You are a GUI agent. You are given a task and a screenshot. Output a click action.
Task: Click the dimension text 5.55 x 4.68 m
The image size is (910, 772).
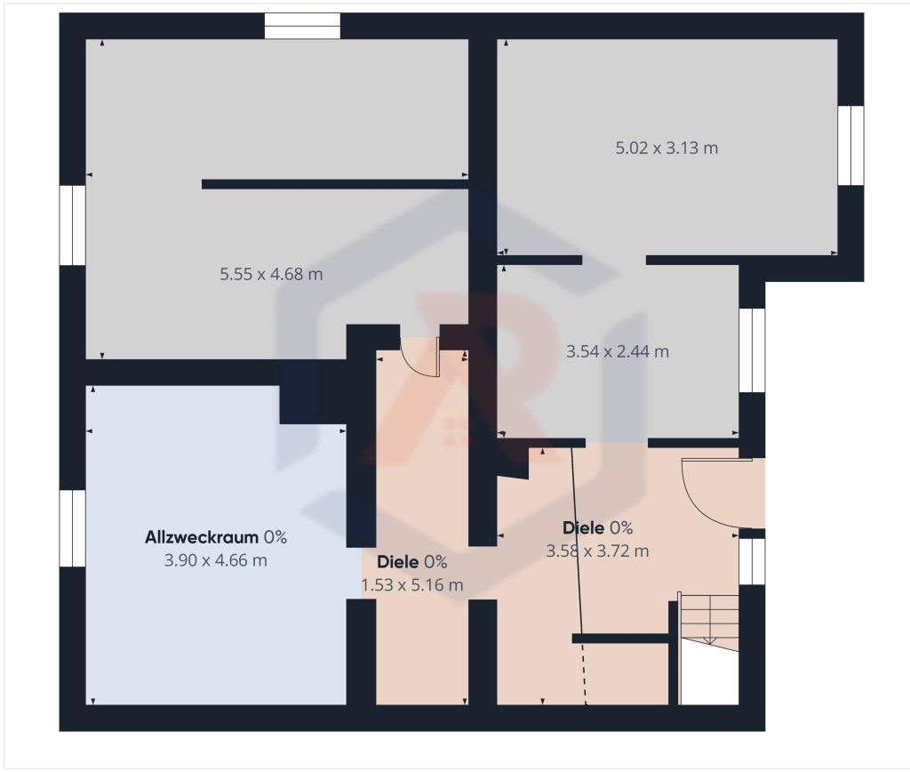tap(271, 274)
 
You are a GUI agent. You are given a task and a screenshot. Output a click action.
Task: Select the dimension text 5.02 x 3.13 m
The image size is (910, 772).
tap(667, 149)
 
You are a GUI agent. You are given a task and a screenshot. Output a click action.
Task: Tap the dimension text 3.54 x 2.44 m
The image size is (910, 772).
tap(618, 351)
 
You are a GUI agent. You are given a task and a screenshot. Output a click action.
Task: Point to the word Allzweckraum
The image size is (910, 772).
tap(202, 537)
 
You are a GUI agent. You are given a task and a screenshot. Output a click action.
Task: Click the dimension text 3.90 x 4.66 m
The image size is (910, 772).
tap(216, 560)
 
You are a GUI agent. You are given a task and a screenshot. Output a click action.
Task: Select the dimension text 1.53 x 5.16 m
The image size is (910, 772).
tap(412, 585)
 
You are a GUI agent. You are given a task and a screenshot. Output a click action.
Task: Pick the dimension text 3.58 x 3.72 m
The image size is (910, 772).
tap(597, 551)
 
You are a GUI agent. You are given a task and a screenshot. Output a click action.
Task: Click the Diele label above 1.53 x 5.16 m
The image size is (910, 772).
tap(397, 562)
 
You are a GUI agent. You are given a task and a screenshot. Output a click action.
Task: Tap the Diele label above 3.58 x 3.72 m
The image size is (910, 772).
tap(583, 527)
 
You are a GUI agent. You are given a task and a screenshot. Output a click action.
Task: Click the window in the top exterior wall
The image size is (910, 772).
tap(302, 26)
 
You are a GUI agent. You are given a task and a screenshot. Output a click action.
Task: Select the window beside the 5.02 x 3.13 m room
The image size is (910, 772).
tap(850, 145)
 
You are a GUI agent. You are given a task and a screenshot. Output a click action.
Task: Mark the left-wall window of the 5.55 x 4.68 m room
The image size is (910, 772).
tap(73, 225)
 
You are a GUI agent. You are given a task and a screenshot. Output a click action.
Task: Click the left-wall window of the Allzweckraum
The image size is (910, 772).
tap(73, 528)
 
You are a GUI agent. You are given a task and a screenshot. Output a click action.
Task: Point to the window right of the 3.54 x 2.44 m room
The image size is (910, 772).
tap(752, 350)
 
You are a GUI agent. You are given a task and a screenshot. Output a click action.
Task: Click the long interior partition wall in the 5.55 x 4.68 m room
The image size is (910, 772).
tap(335, 184)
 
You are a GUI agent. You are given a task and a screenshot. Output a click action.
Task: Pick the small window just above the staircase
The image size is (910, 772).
tap(752, 561)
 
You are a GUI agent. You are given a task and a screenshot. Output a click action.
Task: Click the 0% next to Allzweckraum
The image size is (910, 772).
tap(275, 537)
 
